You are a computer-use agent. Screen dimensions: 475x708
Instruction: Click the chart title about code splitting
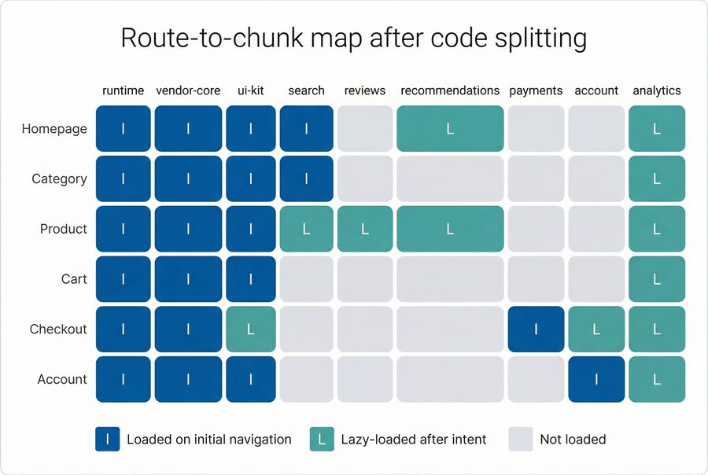(x=353, y=38)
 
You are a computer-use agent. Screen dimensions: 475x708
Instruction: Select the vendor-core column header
(x=188, y=90)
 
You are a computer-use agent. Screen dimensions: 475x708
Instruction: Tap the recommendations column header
(x=450, y=90)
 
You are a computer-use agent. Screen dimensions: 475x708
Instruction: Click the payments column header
(x=536, y=90)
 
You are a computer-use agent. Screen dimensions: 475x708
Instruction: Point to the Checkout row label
(x=58, y=329)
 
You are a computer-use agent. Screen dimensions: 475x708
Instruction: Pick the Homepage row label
(x=54, y=129)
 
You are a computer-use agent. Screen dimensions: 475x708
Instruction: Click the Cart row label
(x=74, y=279)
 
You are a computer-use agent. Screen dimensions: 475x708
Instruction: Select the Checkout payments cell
(x=536, y=330)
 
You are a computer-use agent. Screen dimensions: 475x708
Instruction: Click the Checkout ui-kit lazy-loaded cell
(x=251, y=330)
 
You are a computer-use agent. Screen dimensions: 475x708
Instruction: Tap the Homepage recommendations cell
(x=450, y=129)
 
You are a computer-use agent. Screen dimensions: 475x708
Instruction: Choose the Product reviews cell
(x=365, y=229)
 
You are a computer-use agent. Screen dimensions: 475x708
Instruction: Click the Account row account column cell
(x=596, y=380)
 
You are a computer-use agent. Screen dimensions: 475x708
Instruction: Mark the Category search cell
(x=306, y=179)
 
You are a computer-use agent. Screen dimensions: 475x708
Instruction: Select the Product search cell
(x=306, y=229)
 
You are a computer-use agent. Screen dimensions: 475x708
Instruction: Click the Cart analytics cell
(x=657, y=279)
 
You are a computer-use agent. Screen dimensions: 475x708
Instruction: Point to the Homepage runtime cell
(x=124, y=129)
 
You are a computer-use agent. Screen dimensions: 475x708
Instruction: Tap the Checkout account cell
(x=596, y=330)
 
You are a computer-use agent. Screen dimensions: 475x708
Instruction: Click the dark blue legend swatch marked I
(x=107, y=439)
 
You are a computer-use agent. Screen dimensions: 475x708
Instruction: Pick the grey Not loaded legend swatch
(x=521, y=439)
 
